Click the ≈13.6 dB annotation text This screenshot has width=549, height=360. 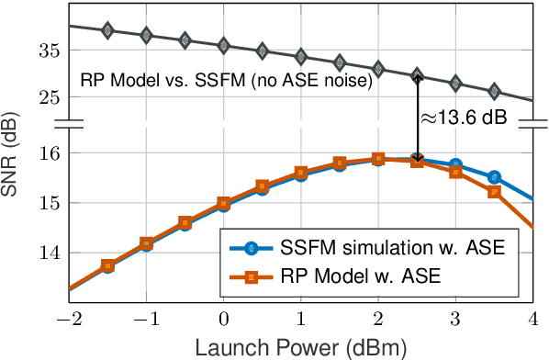click(463, 118)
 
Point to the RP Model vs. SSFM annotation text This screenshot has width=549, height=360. click(225, 80)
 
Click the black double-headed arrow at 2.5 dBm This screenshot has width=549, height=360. click(417, 118)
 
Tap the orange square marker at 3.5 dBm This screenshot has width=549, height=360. click(494, 192)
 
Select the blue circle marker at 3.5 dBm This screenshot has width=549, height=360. click(494, 176)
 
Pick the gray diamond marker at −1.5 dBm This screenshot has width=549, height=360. click(107, 30)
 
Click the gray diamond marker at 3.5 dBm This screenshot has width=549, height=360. click(494, 91)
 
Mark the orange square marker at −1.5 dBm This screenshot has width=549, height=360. click(107, 265)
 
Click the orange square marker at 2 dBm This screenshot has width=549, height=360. click(377, 158)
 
